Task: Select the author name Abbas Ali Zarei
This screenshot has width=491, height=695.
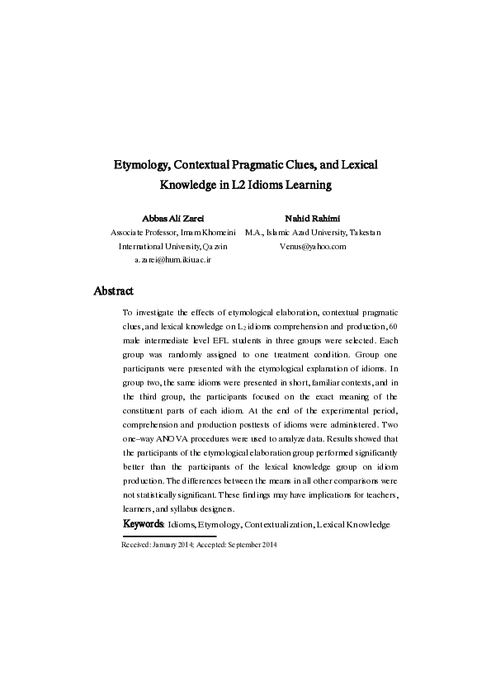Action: [x=173, y=217]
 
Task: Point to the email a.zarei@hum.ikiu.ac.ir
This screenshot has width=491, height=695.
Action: [x=173, y=259]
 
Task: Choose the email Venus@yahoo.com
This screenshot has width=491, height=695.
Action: [x=313, y=246]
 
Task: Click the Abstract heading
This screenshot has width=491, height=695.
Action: [x=114, y=291]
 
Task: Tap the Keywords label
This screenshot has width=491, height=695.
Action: [x=144, y=524]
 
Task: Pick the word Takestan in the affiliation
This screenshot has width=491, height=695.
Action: [x=363, y=233]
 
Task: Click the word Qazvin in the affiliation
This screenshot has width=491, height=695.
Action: [x=212, y=246]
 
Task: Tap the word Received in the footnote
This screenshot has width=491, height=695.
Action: [x=136, y=546]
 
